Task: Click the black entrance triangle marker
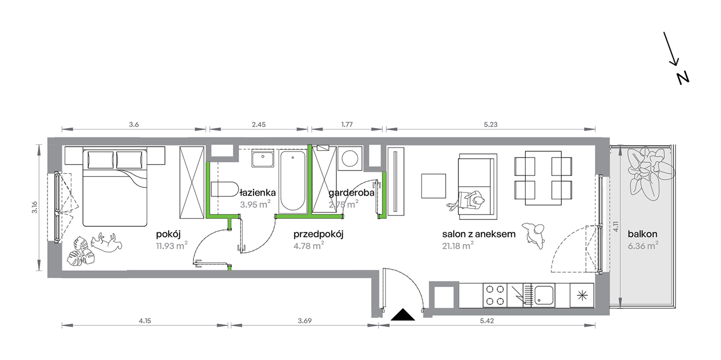pos(403,315)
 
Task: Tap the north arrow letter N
pos(683,78)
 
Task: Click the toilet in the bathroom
pos(224,189)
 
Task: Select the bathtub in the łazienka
pos(292,181)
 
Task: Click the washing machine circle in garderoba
pos(349,159)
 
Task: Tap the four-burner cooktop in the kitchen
pos(495,295)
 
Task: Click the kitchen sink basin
pos(544,295)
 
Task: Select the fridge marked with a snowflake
pos(582,295)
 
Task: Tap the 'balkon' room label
pos(642,234)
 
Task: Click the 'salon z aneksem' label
pos(479,234)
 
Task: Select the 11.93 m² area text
pos(172,245)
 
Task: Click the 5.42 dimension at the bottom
pos(487,321)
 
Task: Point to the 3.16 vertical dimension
pos(35,207)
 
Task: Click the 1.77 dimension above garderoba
pos(347,124)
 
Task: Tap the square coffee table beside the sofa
pos(433,186)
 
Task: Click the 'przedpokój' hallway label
pos(318,234)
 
